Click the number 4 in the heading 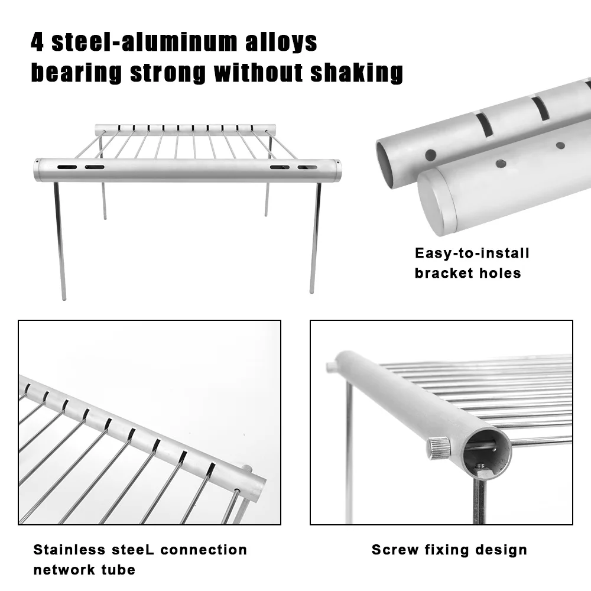(37, 42)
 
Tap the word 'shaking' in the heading (356, 73)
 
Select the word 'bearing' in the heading (76, 73)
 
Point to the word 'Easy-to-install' (472, 253)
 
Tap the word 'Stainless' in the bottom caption (69, 550)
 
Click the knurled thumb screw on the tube (438, 447)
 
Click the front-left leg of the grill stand (60, 241)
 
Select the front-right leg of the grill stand (316, 238)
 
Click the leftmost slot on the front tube (67, 167)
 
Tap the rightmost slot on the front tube (307, 167)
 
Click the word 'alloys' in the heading (281, 42)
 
